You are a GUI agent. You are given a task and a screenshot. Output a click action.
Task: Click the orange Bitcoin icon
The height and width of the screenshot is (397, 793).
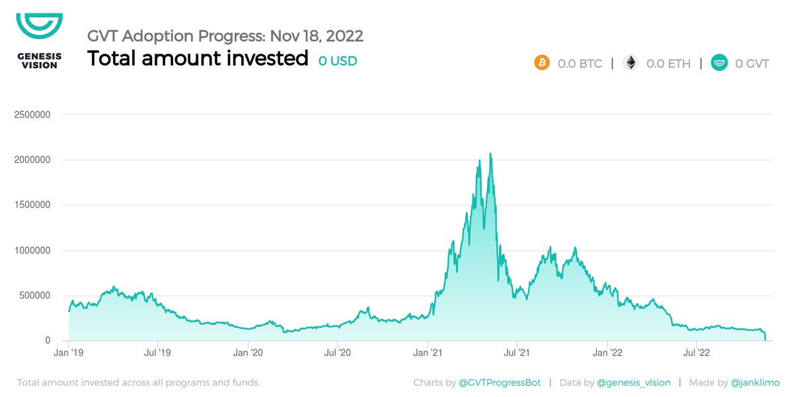point(542,64)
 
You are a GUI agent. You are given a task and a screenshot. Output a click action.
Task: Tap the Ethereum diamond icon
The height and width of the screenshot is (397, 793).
point(631,64)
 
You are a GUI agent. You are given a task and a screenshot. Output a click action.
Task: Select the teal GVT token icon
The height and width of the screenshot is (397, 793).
point(719,64)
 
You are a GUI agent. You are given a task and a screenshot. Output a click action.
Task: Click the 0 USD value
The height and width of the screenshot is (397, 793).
point(337,61)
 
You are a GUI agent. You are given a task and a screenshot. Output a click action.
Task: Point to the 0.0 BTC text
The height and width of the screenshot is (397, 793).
point(580,64)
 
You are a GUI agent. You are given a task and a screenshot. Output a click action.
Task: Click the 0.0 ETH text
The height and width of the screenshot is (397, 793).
point(668,64)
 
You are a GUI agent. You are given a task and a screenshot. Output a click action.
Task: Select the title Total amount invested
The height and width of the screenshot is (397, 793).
point(198,59)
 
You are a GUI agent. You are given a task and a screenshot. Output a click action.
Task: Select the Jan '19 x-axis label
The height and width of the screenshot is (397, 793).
point(69,353)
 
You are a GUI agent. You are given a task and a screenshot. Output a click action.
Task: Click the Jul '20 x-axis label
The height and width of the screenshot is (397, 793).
point(338,353)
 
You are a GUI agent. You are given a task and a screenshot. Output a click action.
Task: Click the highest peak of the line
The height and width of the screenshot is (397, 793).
point(490,154)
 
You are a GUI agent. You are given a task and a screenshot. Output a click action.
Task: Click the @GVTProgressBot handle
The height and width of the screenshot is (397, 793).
point(500,382)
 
